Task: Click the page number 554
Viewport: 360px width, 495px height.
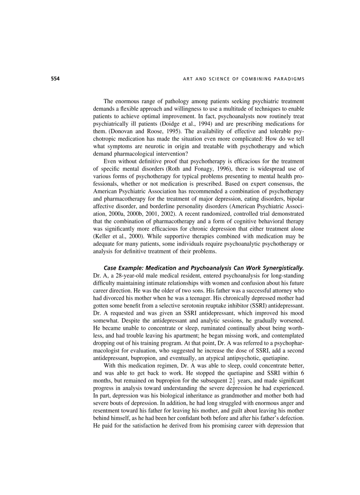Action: pos(42,79)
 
